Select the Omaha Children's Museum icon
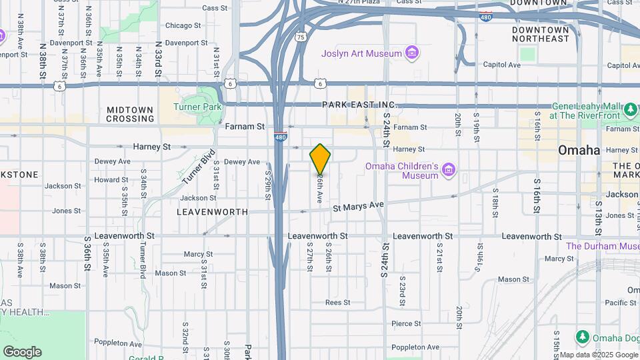449,171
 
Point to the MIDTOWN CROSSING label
130,114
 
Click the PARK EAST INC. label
359,105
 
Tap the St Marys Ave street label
359,205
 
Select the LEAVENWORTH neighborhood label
212,212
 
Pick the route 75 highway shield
301,37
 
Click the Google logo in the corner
22,352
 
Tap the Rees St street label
337,303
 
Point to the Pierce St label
406,324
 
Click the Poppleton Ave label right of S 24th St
415,347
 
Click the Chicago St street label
183,25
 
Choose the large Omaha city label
579,150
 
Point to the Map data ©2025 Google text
599,355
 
